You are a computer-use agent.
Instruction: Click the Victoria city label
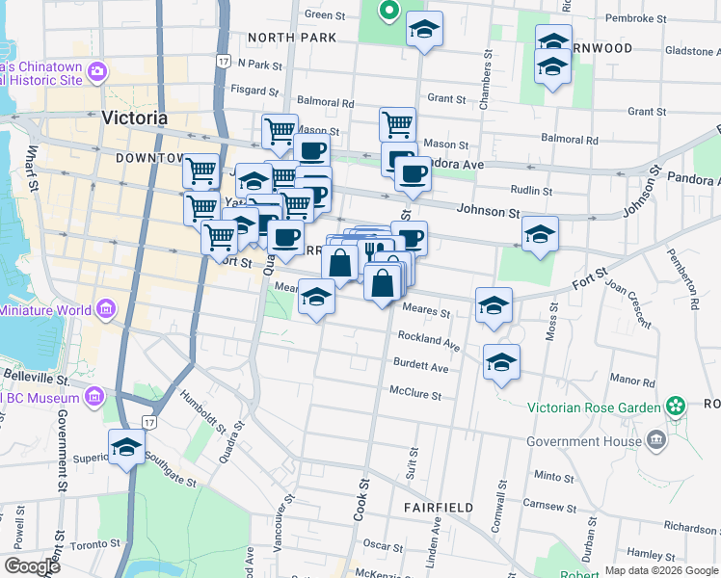coord(134,118)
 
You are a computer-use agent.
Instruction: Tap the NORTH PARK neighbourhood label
coord(291,38)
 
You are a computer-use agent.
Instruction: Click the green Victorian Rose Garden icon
coord(677,407)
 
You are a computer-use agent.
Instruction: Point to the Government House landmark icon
coord(657,441)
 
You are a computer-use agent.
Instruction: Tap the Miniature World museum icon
coord(105,310)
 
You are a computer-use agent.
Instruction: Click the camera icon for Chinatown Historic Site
coord(96,72)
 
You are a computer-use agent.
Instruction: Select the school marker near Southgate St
coord(126,447)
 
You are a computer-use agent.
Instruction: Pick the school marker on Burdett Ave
coord(501,362)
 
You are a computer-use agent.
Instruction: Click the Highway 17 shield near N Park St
coord(223,62)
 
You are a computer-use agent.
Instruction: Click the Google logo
coord(32,566)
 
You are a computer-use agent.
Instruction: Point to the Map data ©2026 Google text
coord(660,570)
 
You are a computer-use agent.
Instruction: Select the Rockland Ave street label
coord(429,341)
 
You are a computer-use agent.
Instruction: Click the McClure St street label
coord(414,395)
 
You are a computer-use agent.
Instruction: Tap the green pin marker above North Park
coord(389,12)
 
